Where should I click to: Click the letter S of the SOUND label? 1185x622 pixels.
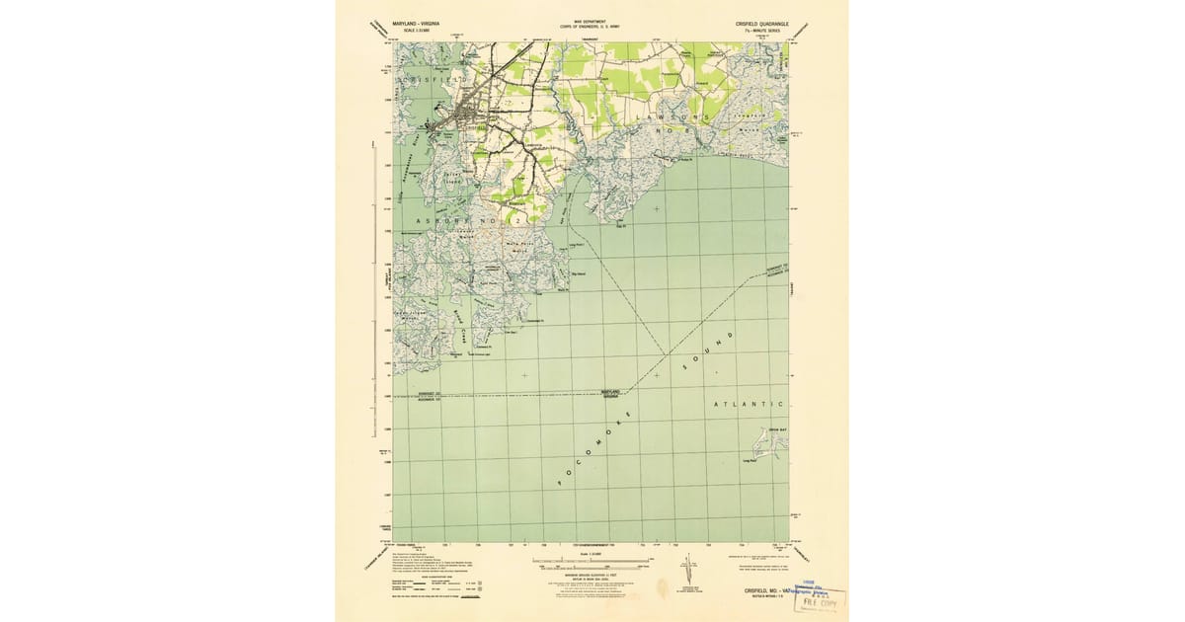[x=683, y=367]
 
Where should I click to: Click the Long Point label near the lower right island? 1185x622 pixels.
[x=748, y=461]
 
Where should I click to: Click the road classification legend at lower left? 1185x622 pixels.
[x=434, y=583]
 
